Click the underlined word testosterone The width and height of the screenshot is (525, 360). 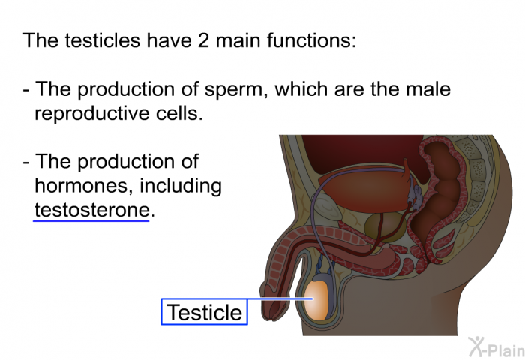point(91,210)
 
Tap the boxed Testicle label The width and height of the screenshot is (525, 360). point(204,312)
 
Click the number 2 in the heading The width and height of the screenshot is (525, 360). point(203,40)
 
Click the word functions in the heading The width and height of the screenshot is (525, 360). point(311,40)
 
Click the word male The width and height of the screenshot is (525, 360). point(428,89)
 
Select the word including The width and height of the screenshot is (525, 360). point(181,187)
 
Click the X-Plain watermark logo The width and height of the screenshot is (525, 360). point(496,347)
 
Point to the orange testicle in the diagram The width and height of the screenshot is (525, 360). point(317,301)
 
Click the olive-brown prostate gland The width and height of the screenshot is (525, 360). point(385,226)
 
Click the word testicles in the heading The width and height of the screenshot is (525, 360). point(103,40)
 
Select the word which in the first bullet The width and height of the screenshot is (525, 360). point(301,89)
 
